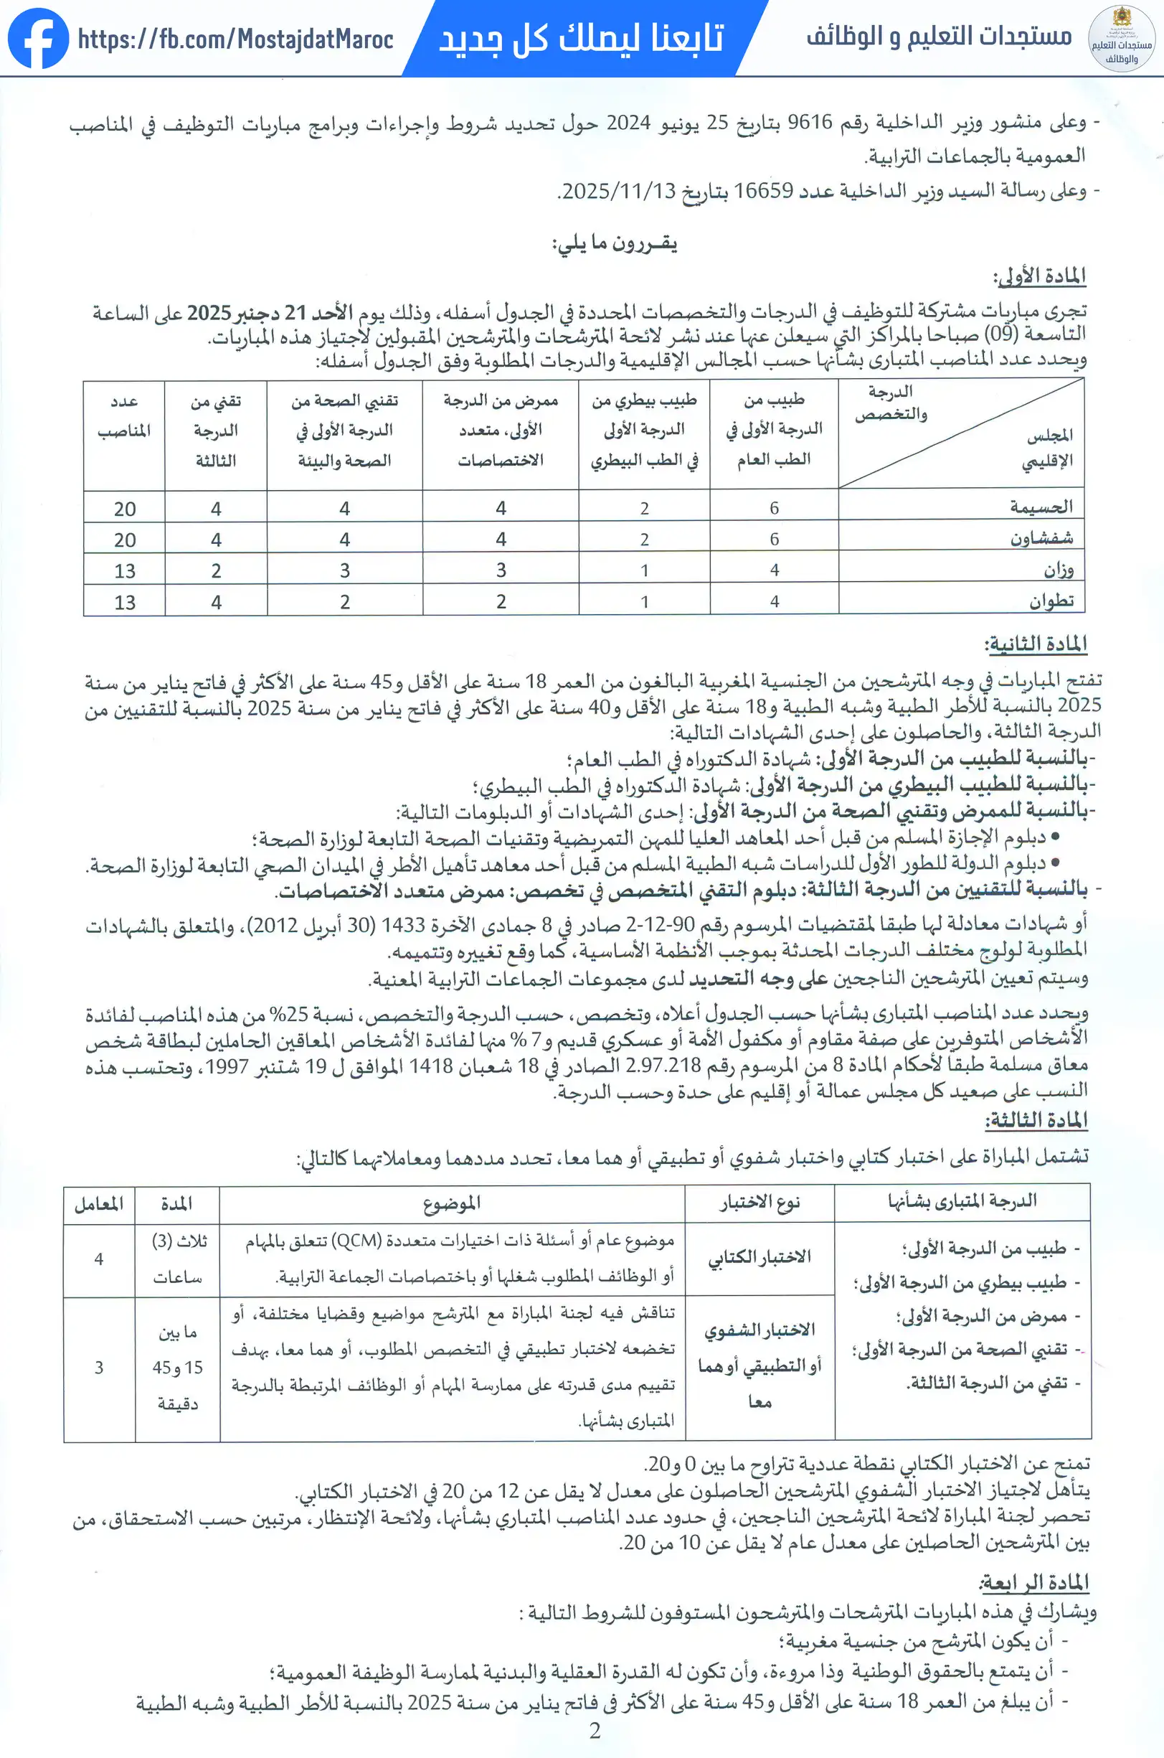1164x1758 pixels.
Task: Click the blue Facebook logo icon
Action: (x=38, y=38)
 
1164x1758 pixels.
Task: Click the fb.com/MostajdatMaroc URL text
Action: (x=235, y=39)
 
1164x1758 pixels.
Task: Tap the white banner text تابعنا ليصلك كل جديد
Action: (x=581, y=37)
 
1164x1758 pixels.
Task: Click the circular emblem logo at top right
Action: (x=1121, y=39)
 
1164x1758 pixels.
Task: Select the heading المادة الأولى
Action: (x=1039, y=276)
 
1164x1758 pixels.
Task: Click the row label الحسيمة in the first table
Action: (x=1041, y=507)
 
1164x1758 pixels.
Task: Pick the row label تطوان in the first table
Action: (x=1051, y=601)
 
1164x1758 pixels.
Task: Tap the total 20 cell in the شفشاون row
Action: (x=125, y=540)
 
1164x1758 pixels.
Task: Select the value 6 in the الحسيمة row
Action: (x=775, y=508)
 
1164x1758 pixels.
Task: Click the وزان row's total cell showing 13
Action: (x=125, y=571)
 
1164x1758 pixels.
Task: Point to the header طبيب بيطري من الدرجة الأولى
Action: (x=643, y=431)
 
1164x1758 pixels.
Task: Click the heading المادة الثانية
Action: (x=1036, y=644)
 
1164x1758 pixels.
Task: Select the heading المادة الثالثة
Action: (x=1036, y=1120)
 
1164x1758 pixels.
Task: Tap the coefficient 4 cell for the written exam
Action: (x=99, y=1259)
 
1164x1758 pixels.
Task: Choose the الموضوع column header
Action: (x=451, y=1203)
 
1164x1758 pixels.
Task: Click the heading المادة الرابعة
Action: (x=1034, y=1583)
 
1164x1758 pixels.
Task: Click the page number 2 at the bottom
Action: (x=595, y=1731)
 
